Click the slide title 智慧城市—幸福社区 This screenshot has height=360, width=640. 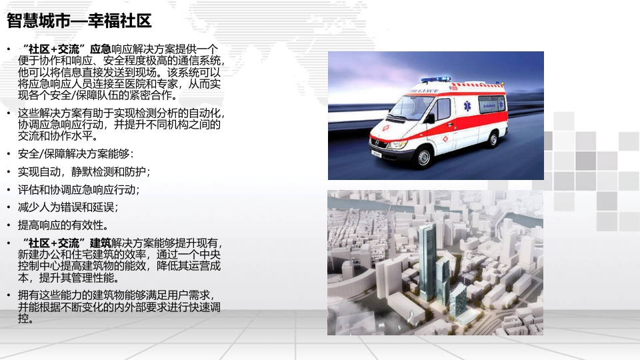coord(79,21)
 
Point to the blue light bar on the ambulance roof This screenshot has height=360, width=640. coord(435,79)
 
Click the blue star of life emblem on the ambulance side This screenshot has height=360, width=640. coord(467,106)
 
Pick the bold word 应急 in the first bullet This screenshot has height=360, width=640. coord(101,49)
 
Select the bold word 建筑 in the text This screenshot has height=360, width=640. coord(101,243)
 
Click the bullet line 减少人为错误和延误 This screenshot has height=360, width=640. coord(68,207)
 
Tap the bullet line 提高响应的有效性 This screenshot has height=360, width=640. coord(63,225)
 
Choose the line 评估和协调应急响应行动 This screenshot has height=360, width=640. coord(79,190)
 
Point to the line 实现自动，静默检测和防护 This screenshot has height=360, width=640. coord(84,172)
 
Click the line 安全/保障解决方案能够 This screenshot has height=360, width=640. coord(75,154)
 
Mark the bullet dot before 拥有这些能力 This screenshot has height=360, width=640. coord(9,295)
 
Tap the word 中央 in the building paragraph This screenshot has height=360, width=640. coord(210,255)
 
